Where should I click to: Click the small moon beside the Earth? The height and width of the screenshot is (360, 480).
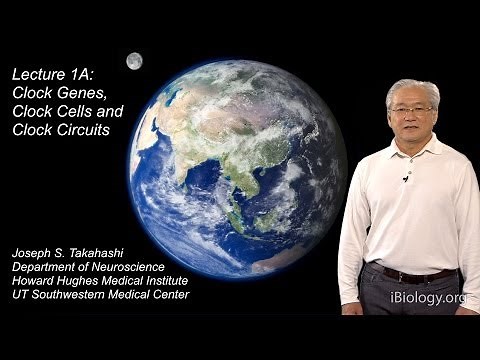[134, 61]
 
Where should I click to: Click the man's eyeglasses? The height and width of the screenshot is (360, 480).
[411, 108]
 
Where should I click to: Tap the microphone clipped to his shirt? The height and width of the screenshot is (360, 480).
[405, 178]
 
